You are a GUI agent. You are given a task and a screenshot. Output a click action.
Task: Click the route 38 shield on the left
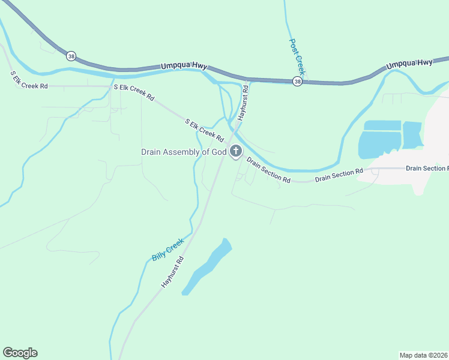click(x=71, y=56)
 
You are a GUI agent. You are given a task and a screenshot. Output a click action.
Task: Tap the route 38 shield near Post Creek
click(x=297, y=81)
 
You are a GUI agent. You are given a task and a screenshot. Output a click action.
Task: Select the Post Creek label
click(x=298, y=58)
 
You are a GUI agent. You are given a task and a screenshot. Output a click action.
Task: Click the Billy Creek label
click(x=167, y=249)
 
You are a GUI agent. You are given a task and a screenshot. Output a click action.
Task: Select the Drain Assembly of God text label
click(x=184, y=152)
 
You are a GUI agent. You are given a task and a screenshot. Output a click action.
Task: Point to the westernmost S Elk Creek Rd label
click(x=29, y=80)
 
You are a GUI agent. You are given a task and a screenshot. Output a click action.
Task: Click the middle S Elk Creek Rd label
click(x=134, y=92)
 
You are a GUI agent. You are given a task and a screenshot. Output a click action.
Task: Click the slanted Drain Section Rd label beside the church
click(x=268, y=171)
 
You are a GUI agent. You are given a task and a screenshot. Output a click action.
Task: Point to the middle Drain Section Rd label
click(x=339, y=175)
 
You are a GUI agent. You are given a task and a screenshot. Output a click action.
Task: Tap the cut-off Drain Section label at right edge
click(x=427, y=169)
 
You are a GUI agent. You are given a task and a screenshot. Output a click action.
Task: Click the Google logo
click(x=20, y=353)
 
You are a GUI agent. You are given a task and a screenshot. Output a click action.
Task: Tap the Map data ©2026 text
click(x=424, y=355)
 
